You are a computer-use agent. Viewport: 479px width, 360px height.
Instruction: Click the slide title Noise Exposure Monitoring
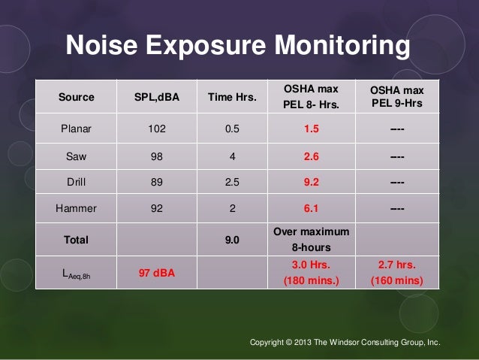tap(239, 47)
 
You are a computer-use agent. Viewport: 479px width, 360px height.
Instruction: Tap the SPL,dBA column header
tap(158, 97)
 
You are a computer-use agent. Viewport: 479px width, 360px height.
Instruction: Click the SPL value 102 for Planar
tap(158, 128)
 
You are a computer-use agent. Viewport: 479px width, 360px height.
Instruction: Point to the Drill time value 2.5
tap(233, 180)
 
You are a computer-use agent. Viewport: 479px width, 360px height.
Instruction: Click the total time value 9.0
tap(233, 241)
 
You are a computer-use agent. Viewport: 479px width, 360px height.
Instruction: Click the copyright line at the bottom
tap(345, 343)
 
